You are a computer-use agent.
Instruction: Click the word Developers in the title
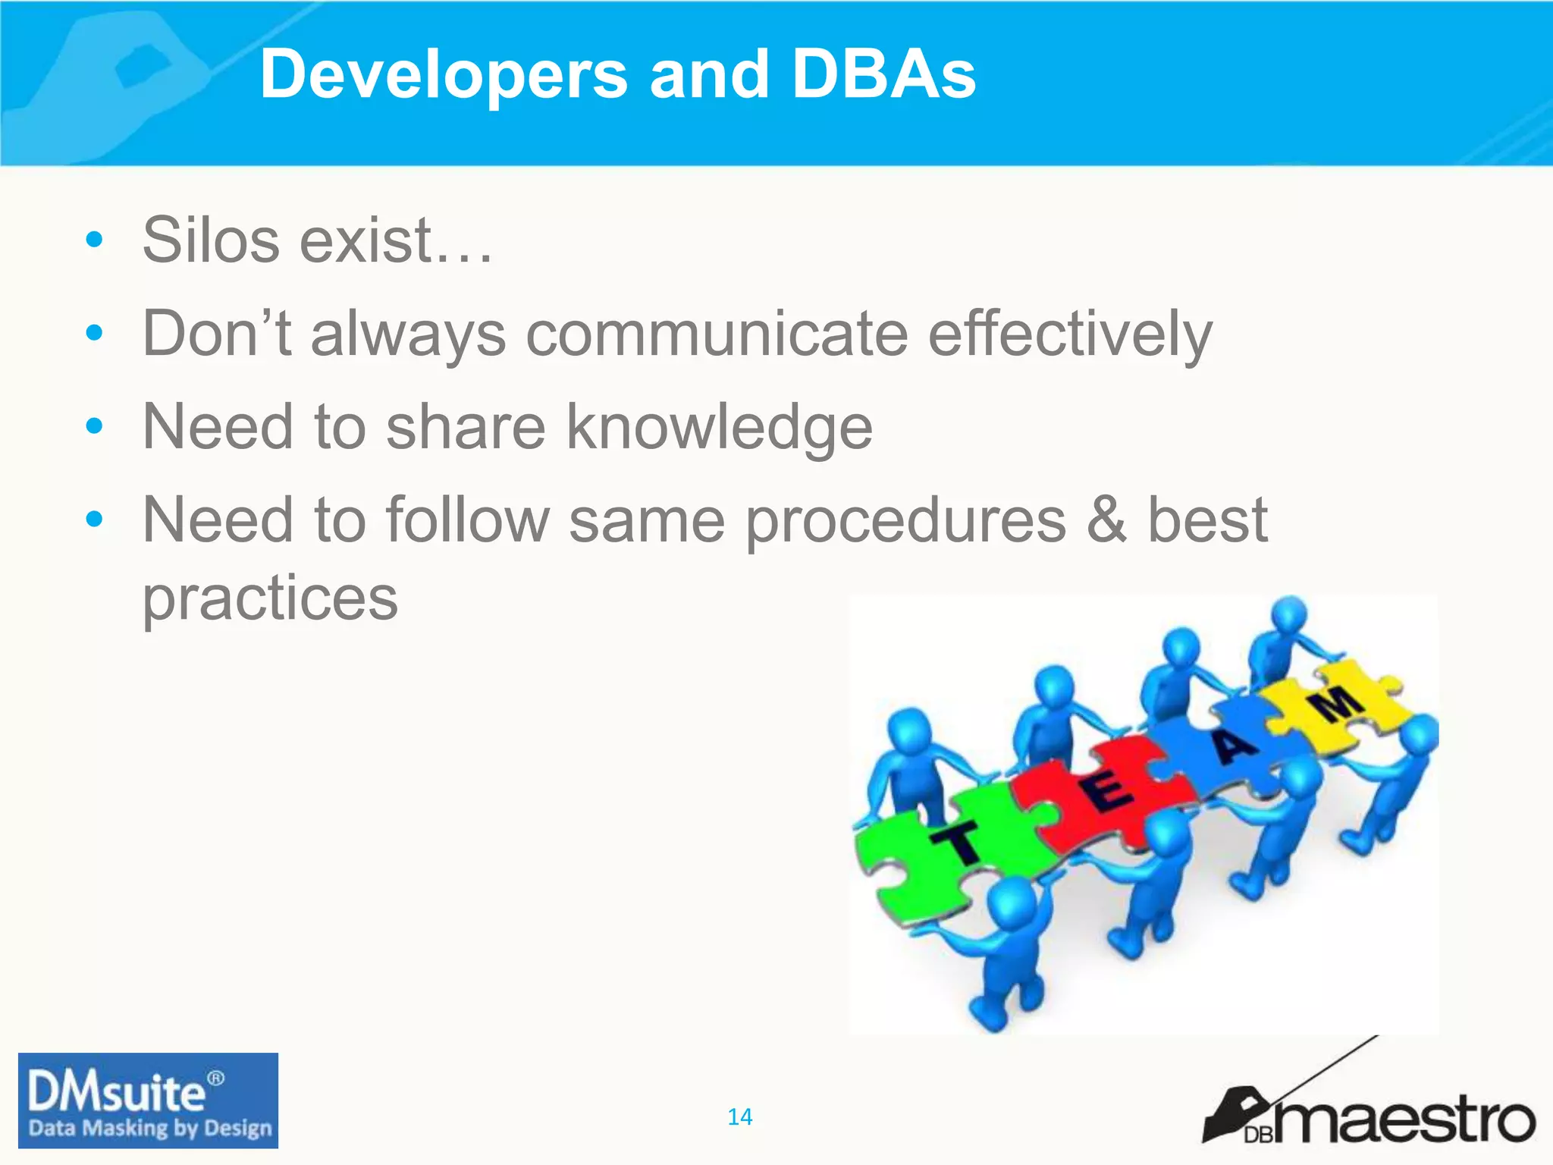click(444, 74)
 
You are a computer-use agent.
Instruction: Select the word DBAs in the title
click(883, 74)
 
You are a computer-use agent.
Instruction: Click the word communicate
click(717, 334)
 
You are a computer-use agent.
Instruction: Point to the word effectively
click(1070, 334)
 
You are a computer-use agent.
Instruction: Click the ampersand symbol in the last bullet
click(1106, 520)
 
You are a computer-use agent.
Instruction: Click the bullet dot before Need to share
click(94, 426)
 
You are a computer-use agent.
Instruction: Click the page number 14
click(739, 1116)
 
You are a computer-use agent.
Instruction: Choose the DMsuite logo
click(148, 1100)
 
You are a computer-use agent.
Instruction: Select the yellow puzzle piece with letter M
click(1338, 702)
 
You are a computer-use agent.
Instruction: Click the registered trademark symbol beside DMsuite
click(216, 1078)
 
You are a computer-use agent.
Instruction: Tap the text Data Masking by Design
click(149, 1128)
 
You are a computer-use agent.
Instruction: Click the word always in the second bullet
click(408, 334)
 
